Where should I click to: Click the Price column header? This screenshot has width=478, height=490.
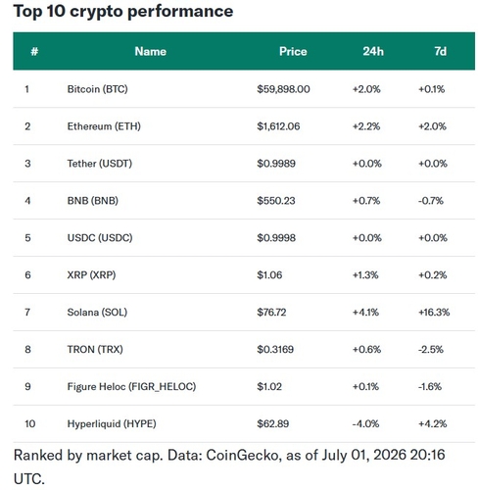[293, 51]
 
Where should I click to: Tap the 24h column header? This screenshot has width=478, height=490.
[373, 51]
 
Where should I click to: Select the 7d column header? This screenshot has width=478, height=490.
[440, 51]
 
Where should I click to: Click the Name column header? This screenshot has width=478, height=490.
[151, 51]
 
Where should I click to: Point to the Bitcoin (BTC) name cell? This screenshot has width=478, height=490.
[97, 89]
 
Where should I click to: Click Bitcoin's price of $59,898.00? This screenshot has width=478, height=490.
[283, 89]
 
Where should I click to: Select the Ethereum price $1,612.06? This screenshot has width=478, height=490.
[278, 126]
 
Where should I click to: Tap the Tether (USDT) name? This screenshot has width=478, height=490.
[100, 164]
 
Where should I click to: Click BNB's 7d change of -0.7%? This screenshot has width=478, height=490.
[431, 201]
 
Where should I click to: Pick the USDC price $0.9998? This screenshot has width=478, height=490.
[276, 238]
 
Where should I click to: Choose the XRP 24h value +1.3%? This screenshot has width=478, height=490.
[365, 275]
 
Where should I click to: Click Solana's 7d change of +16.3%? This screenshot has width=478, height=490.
[434, 313]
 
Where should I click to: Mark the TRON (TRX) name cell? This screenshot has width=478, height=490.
[95, 350]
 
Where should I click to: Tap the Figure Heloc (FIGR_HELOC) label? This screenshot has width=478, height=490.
[131, 387]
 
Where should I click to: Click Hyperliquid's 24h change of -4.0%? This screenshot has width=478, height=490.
[365, 424]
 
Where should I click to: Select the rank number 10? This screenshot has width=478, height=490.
[29, 424]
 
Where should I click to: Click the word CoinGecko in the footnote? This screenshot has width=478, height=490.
[242, 455]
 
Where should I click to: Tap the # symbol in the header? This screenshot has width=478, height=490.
[34, 51]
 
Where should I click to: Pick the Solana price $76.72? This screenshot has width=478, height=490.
[271, 313]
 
